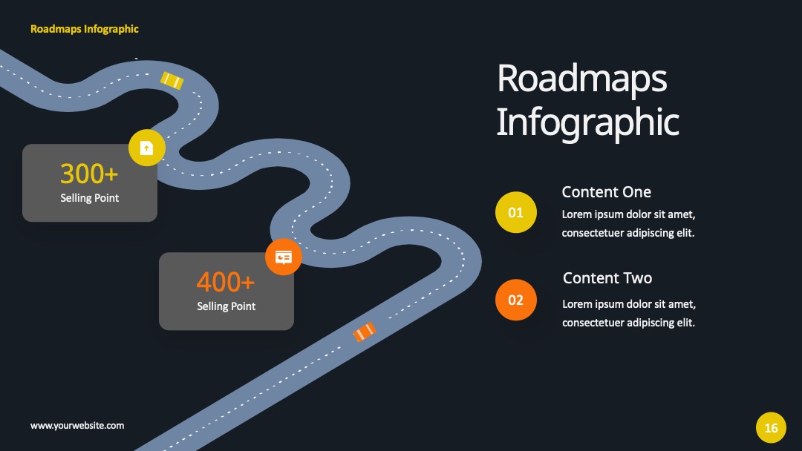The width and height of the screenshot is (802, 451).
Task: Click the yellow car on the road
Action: (x=172, y=80)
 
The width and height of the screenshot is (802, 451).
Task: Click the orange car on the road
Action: (x=365, y=332)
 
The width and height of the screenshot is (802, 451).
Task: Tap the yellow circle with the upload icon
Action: (x=147, y=148)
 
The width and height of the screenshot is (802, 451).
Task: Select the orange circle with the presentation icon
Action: (x=284, y=257)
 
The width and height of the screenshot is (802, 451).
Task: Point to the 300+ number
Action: (x=89, y=174)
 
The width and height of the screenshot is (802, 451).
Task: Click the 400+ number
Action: (x=226, y=282)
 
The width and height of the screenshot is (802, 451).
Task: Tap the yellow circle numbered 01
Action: (x=516, y=212)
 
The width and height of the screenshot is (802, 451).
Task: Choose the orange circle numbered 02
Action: (x=516, y=300)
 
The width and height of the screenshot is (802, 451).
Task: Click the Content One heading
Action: (x=607, y=192)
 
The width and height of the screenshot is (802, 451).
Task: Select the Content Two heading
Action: (x=607, y=278)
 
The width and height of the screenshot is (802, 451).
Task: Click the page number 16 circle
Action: (x=772, y=427)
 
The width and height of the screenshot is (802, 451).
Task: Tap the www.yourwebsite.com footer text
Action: (x=77, y=426)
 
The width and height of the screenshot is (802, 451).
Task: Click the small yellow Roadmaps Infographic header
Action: (x=85, y=29)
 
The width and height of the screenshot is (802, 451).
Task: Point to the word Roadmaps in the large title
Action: (x=582, y=79)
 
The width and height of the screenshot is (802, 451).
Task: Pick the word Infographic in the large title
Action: (x=587, y=122)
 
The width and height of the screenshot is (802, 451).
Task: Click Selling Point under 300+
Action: (x=90, y=198)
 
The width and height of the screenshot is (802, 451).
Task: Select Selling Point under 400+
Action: (x=226, y=306)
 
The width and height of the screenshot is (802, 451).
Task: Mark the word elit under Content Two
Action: (x=686, y=322)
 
